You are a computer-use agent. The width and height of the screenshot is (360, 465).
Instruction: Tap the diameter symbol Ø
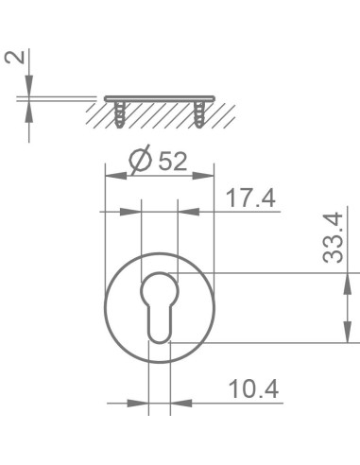pos(138,162)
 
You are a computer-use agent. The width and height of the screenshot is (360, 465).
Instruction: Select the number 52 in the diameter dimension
pos(172,162)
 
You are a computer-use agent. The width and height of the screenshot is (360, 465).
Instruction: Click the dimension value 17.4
pos(251,198)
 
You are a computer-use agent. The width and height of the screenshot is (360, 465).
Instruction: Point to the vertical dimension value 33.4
pos(332,242)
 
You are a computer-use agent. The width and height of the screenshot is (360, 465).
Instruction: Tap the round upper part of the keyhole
pos(159,290)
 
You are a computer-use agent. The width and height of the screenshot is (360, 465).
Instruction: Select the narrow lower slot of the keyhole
pos(159,322)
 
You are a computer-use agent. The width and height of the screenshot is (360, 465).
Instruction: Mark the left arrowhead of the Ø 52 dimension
pos(111,176)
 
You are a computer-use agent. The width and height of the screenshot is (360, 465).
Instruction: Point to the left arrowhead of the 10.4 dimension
pos(143,404)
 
